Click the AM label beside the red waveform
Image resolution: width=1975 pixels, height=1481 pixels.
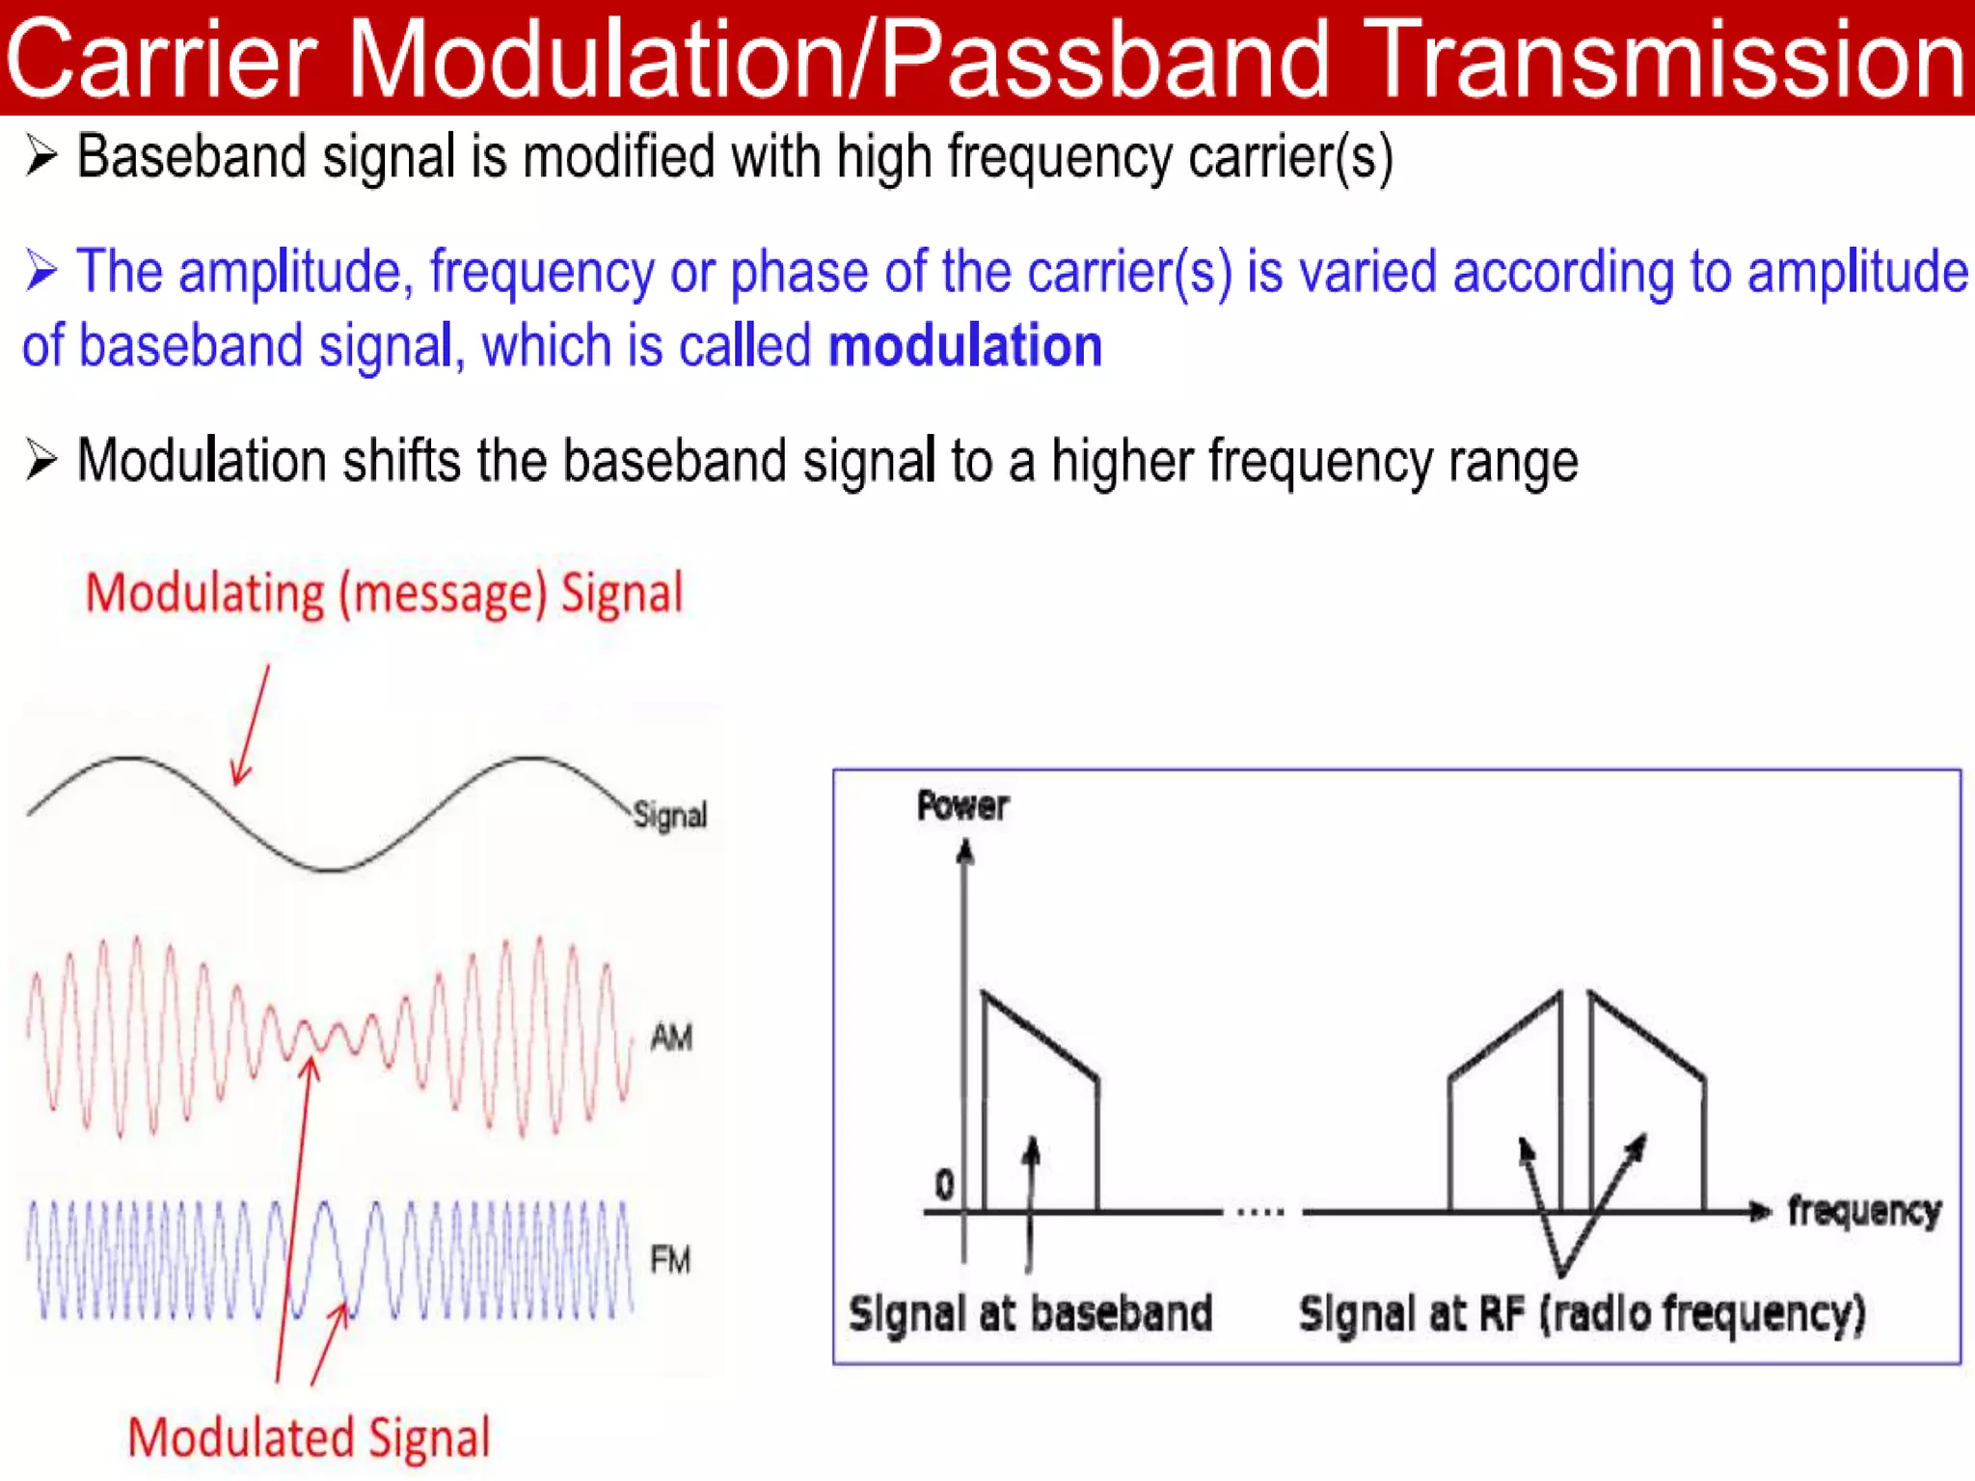point(671,1037)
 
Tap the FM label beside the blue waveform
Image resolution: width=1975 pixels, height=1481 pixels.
point(670,1259)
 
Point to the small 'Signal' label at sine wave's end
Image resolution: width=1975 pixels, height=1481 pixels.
point(670,816)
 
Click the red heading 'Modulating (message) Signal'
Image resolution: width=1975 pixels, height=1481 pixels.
point(384,592)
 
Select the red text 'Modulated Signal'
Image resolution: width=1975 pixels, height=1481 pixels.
point(309,1437)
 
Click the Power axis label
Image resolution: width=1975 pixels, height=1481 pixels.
point(961,806)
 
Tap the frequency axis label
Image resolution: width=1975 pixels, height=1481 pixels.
point(1863,1211)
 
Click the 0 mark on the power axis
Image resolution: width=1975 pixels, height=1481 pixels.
point(944,1184)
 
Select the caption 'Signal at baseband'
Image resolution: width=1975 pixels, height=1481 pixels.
point(1030,1313)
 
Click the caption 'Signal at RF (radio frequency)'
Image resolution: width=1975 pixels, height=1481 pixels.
point(1582,1313)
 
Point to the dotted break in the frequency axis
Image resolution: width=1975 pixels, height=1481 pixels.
point(1259,1211)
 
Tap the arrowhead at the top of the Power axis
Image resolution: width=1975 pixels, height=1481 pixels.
point(964,851)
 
